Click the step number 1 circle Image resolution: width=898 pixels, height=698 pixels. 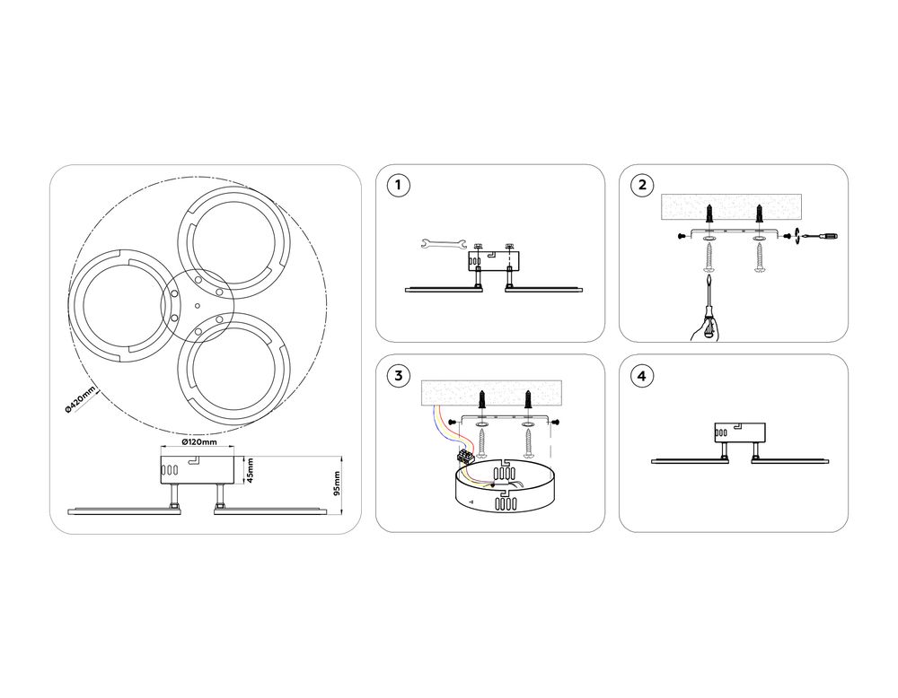tap(399, 186)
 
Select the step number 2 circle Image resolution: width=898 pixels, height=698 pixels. tap(642, 186)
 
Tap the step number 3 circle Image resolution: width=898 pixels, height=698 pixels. tap(399, 376)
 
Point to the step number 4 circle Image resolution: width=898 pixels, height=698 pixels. tap(642, 376)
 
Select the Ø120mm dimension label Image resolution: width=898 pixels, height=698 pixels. tap(198, 442)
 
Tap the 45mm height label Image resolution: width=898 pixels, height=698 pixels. tap(251, 470)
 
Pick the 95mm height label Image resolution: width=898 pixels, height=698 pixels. tap(338, 484)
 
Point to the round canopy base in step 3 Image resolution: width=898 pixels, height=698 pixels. tap(505, 488)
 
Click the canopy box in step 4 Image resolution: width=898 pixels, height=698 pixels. tap(740, 432)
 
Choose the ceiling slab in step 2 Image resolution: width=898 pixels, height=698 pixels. tap(731, 207)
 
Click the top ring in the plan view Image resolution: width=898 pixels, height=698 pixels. tap(232, 242)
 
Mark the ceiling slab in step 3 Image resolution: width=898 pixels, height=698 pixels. tap(491, 393)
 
